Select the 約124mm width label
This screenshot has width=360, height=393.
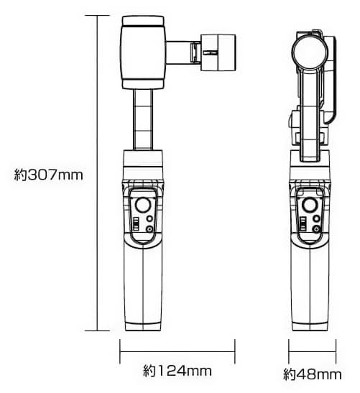177,371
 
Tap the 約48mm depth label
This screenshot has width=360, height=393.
312,374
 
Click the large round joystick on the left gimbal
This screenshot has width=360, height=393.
146,205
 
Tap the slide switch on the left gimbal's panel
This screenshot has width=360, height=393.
134,225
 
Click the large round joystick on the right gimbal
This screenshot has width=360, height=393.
311,205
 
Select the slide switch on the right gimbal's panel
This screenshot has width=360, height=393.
303,225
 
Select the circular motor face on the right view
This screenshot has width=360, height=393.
310,51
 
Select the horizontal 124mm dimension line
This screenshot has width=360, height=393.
177,352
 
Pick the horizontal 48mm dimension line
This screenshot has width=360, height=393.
311,352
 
